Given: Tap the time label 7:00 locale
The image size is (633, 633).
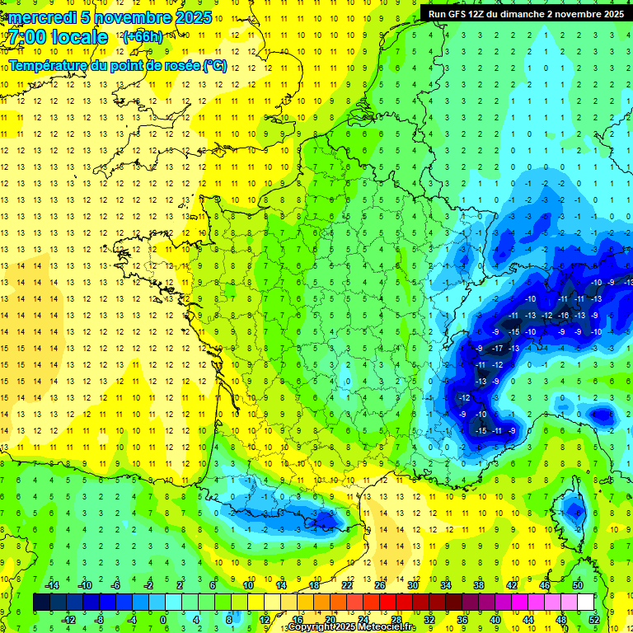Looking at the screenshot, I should pos(58,37).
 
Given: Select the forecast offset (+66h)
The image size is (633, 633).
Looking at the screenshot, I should pos(143,36).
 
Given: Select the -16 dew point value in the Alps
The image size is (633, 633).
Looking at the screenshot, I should pos(563,316).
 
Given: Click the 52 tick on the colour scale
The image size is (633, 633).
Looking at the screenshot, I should pos(593,619).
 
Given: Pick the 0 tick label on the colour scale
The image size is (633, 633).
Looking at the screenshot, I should pos(163,619).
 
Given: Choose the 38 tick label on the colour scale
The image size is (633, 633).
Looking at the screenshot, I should pos(478,584).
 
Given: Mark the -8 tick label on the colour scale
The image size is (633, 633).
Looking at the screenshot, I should pos(99,619).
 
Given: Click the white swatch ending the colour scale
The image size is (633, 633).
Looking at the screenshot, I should pos(585,602).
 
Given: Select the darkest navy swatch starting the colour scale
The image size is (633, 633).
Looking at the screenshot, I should pos(41,602).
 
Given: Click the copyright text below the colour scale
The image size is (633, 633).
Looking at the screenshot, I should pos(346,628).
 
